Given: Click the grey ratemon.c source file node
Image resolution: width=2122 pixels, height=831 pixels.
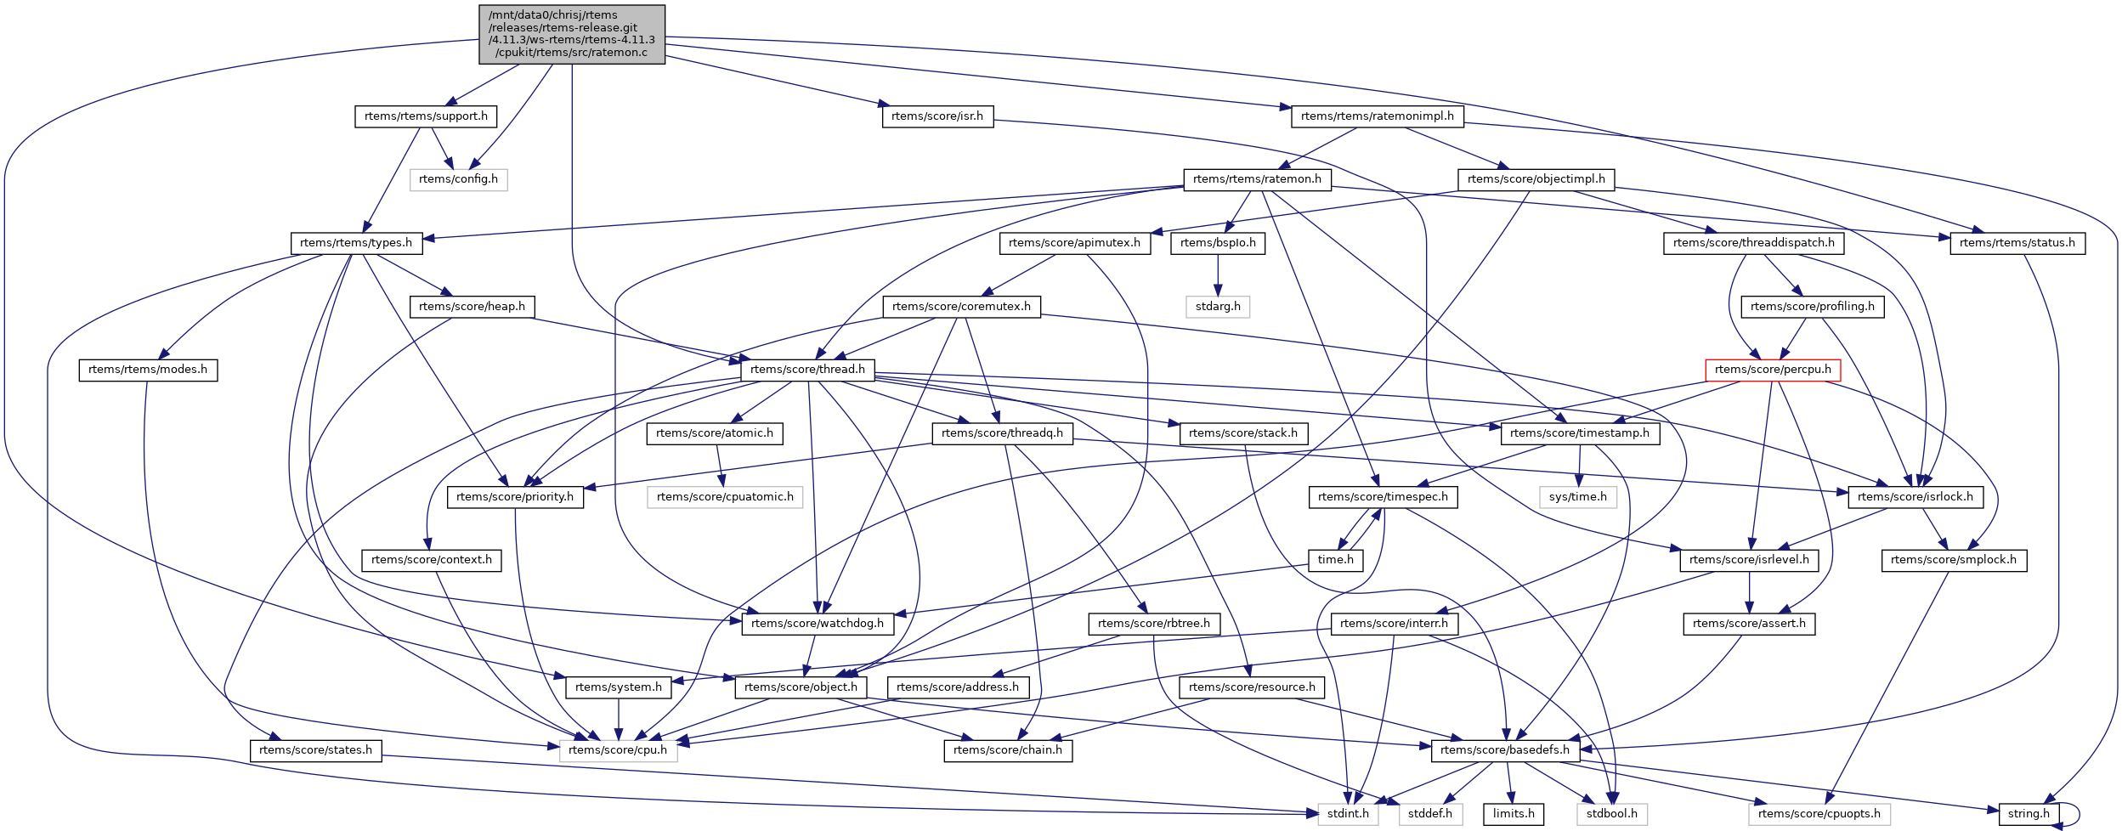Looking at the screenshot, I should [572, 34].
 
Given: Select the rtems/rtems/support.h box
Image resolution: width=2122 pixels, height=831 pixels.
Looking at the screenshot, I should [426, 116].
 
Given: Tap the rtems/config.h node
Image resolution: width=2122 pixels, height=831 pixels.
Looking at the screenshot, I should [458, 179].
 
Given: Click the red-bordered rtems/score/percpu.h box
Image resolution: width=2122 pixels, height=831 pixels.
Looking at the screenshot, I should [1773, 370].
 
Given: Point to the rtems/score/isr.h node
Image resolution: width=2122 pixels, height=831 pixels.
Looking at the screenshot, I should [937, 116].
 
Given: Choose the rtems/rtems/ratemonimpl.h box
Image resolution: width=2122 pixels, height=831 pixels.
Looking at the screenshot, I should [1377, 116].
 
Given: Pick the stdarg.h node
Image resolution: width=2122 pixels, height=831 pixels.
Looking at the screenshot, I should [1218, 307].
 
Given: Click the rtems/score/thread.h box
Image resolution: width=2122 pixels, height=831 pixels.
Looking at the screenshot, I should [807, 370].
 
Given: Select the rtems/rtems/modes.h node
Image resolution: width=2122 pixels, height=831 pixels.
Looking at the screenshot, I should [148, 370].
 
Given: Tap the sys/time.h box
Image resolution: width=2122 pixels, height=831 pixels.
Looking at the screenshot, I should [1578, 497].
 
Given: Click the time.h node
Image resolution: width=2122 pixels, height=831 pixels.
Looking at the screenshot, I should [1335, 560].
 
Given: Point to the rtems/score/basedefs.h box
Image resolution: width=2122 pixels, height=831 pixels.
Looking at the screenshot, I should [1505, 750].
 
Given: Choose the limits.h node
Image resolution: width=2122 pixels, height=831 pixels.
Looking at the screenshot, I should [1514, 814].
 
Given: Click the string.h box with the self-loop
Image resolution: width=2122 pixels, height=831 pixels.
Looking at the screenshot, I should [2029, 814].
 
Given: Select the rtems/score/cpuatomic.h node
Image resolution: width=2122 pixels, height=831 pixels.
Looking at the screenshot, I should [725, 497].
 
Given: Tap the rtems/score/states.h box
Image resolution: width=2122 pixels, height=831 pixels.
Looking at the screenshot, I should [315, 750].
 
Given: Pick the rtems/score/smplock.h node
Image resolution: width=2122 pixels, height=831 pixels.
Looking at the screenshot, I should [1954, 560].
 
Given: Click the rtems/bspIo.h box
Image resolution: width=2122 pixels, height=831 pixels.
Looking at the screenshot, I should [1218, 243].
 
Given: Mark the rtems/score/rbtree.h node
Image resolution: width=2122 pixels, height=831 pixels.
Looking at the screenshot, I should [1154, 624].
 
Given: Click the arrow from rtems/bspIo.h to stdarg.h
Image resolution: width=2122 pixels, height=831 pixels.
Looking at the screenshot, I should [1218, 274].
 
